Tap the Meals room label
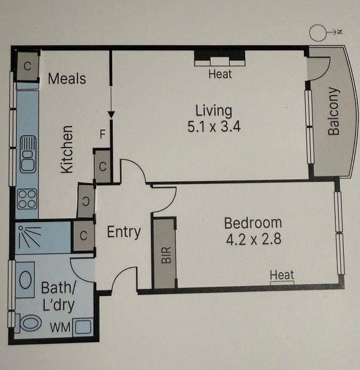67,79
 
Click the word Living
214,111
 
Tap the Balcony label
333,111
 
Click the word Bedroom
253,223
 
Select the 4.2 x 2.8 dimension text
253,239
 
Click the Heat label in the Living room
220,74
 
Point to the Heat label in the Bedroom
282,275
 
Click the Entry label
123,232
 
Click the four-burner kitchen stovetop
27,199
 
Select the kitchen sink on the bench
27,156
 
